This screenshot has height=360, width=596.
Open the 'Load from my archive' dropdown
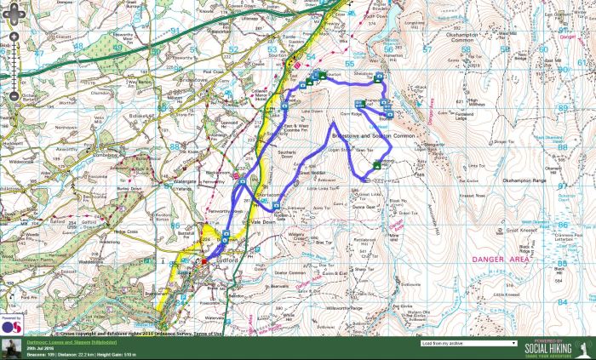coord(468,343)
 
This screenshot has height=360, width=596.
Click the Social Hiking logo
coord(553,347)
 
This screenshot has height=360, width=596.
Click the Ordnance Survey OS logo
coord(10,324)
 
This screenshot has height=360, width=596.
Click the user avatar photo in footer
coord(11,348)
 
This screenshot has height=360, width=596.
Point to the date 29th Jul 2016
coord(37,348)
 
